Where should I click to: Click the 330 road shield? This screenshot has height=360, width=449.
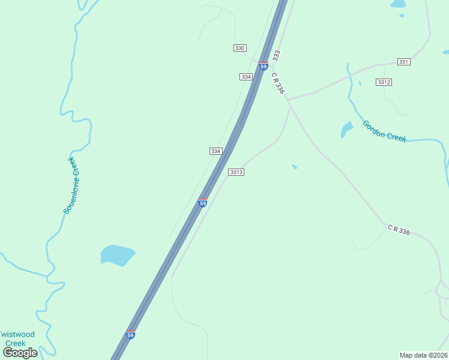(x=240, y=47)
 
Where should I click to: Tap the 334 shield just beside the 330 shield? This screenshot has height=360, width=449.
(x=246, y=77)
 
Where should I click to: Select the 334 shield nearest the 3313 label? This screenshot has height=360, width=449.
(x=216, y=151)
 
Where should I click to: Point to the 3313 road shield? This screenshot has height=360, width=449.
(x=236, y=172)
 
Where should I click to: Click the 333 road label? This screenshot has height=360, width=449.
(x=276, y=56)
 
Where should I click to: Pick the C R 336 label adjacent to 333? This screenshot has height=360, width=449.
(x=277, y=83)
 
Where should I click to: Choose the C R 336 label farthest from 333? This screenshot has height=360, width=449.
(x=399, y=230)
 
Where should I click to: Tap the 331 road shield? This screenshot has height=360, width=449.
(x=403, y=62)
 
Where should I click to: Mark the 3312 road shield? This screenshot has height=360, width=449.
(x=384, y=82)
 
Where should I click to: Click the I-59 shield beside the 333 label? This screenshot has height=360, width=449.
(x=264, y=66)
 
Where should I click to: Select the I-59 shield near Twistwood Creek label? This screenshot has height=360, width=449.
(x=131, y=334)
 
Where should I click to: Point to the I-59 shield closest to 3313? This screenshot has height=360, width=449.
(x=203, y=203)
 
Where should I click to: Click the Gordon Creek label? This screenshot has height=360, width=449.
(x=384, y=131)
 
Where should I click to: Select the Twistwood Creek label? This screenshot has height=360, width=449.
(x=17, y=338)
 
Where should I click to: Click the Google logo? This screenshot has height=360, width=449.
(x=20, y=352)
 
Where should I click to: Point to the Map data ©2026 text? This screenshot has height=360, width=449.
(x=423, y=355)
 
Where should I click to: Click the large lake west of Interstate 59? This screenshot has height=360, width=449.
(x=118, y=254)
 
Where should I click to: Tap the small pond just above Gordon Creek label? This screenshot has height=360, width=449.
(x=347, y=129)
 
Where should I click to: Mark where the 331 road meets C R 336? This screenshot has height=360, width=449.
(x=289, y=99)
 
